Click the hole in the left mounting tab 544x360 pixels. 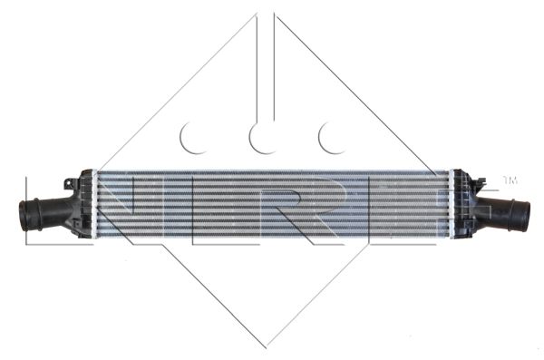[70, 184]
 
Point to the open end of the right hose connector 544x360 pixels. [526, 215]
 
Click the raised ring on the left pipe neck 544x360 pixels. [36, 214]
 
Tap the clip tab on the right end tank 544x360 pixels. [481, 182]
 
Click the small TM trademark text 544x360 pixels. [510, 180]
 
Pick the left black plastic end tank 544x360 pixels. [83, 204]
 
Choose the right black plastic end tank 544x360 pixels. [464, 204]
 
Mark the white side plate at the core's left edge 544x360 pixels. [94, 204]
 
